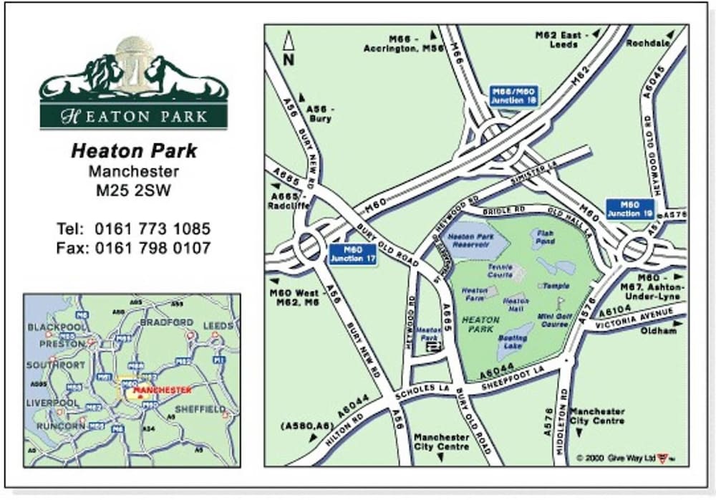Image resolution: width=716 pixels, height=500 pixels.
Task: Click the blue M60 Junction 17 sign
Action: (353, 254)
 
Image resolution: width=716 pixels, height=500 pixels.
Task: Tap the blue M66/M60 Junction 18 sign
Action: (513, 96)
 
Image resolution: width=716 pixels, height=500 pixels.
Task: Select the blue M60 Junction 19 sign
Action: (629, 208)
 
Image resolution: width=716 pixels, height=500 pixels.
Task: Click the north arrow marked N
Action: (288, 49)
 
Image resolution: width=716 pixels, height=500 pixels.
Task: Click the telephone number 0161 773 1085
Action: (153, 229)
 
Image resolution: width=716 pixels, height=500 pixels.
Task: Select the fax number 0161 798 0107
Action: (153, 249)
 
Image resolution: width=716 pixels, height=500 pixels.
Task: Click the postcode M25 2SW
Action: (133, 191)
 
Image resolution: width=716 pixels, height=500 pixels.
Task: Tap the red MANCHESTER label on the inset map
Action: (163, 390)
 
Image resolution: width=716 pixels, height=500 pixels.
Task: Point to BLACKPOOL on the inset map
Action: (55, 327)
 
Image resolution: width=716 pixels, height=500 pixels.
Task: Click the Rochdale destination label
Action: (647, 43)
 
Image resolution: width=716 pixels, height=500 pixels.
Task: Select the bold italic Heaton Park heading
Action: (134, 151)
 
